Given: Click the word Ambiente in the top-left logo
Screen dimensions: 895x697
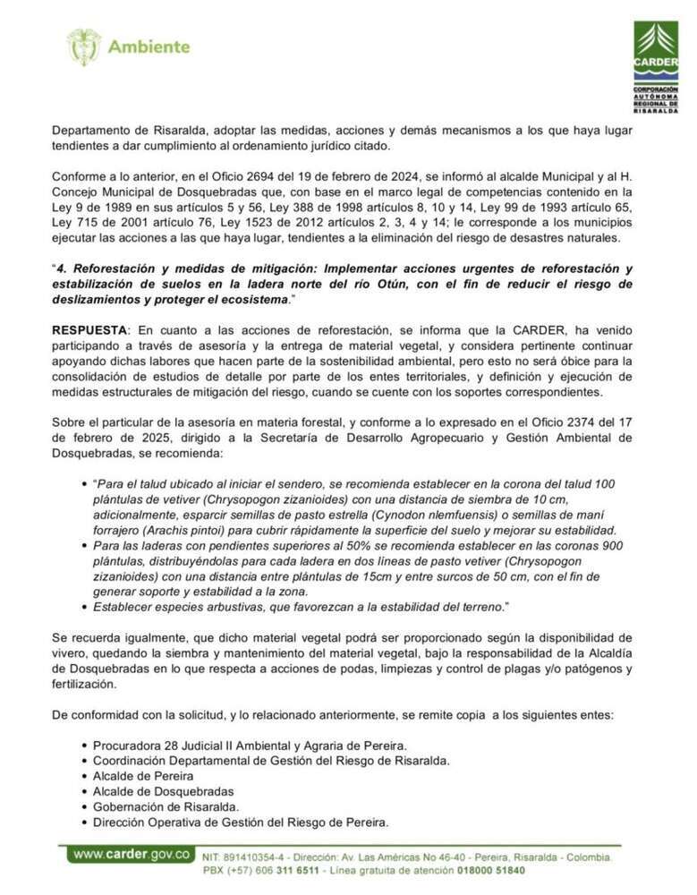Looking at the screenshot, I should tap(149, 47).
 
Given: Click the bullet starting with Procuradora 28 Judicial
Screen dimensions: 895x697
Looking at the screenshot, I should tap(251, 745).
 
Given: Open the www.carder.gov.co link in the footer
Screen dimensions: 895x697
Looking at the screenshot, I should tap(132, 854).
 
